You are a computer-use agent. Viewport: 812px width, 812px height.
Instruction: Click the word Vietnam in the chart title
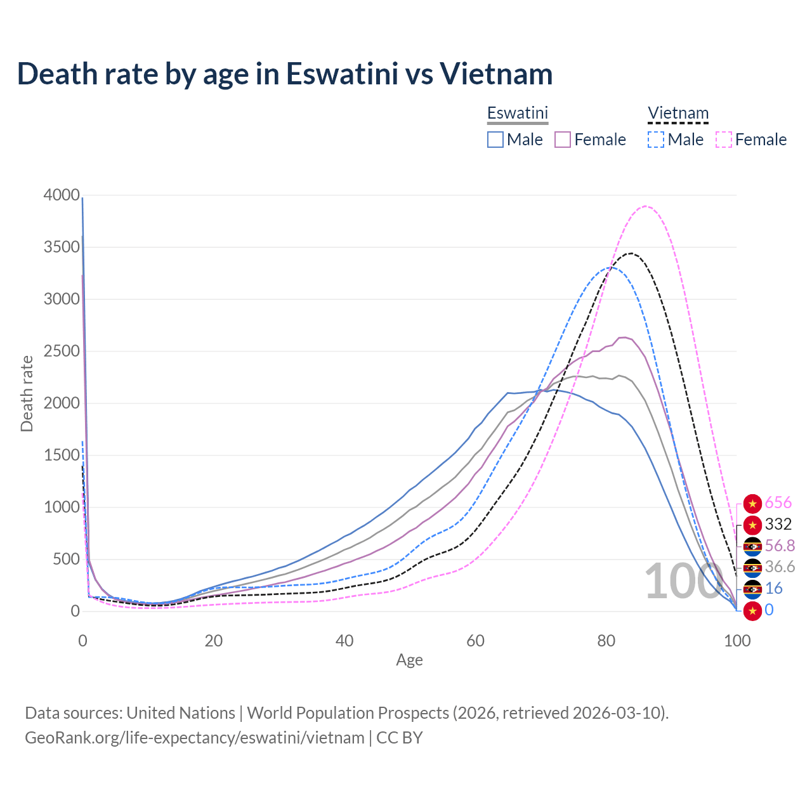pos(496,74)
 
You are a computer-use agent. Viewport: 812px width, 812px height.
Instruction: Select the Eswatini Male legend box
pos(495,140)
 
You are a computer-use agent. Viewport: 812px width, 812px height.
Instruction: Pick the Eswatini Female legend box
pos(563,140)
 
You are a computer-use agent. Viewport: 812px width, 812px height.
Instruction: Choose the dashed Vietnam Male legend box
pos(656,140)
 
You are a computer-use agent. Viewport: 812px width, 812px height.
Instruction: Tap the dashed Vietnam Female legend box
pos(724,140)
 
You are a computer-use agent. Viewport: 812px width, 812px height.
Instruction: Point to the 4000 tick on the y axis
pos(62,195)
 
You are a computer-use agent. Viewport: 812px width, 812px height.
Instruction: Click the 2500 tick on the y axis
pos(62,351)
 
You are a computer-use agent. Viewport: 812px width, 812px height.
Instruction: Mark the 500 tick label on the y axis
pos(65,559)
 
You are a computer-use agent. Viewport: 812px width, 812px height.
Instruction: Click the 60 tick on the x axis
pos(475,641)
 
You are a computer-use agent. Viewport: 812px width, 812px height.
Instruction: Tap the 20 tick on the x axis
pos(214,641)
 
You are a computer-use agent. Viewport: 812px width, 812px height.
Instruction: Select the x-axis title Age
pos(409,660)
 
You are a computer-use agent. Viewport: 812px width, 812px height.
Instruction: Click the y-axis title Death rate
pos(27,394)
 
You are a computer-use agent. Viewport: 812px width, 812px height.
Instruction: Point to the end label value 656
pos(778,503)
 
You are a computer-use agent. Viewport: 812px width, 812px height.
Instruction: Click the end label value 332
pos(778,524)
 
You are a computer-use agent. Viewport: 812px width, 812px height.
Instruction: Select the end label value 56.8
pos(780,546)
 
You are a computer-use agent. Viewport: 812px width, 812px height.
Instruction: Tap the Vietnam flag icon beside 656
pos(752,504)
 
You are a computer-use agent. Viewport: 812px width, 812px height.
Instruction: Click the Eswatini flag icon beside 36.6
pos(752,567)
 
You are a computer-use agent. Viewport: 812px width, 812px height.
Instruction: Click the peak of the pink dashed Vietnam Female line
pos(645,206)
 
